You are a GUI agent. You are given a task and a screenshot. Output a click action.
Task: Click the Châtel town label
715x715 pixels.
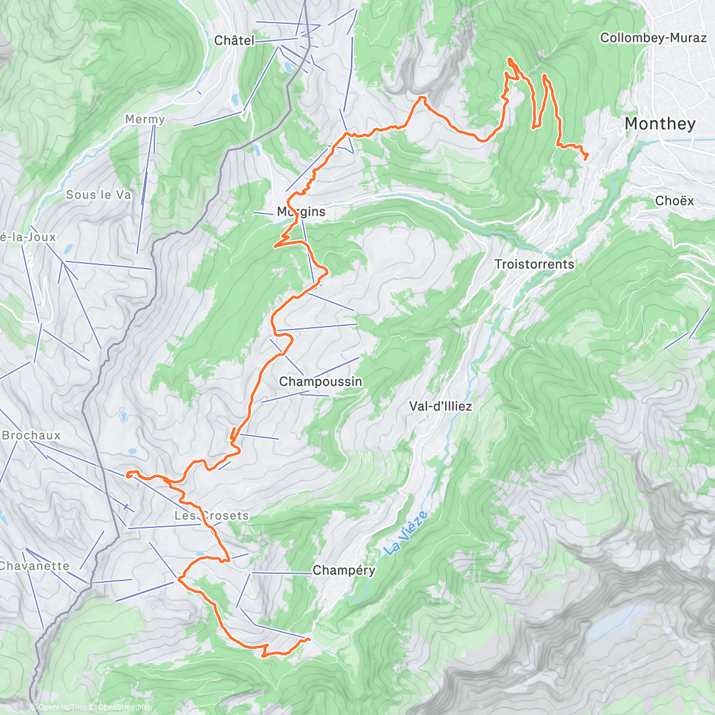234,41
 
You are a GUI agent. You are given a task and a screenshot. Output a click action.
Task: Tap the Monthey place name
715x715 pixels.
660,124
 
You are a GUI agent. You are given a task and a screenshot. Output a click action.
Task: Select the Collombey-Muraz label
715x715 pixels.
653,38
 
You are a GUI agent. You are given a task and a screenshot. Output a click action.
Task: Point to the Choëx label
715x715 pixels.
674,201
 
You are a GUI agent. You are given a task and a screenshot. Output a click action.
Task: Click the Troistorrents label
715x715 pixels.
534,264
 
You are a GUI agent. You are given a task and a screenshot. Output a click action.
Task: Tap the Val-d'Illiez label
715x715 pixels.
440,406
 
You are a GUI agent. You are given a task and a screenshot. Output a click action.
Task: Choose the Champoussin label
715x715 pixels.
321,381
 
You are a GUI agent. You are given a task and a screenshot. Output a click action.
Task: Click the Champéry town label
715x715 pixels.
344,570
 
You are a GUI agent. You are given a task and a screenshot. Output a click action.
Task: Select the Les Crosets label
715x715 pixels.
212,515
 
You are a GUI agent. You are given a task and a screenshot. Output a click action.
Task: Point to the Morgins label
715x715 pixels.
301,212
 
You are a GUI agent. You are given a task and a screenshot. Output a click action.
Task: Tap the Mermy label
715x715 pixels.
145,119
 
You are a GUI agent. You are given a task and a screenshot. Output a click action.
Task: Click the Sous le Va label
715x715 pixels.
98,195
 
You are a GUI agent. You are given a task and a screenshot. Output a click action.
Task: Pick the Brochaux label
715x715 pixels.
31,436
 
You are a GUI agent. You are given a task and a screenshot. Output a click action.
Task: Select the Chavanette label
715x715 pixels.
34,566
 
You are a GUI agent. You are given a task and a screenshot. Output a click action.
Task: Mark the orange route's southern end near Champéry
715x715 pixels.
309,639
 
